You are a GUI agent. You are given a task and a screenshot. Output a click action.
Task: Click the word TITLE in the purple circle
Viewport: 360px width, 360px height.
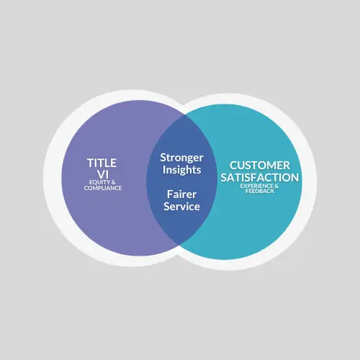pos(102,163)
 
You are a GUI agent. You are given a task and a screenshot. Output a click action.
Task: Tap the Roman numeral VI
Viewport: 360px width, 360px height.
pos(103,174)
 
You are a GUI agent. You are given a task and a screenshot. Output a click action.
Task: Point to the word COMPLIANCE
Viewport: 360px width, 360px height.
pos(103,188)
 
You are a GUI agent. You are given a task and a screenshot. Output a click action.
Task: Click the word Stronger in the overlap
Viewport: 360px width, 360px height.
pos(181,158)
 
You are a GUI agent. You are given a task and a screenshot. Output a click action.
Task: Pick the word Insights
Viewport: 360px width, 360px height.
pos(181,170)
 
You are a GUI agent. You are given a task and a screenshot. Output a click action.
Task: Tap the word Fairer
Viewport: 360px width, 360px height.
pos(181,194)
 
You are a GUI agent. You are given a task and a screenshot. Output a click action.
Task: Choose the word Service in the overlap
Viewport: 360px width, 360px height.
pos(181,207)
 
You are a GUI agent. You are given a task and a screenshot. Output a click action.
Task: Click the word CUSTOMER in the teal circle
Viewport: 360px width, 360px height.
pos(260,166)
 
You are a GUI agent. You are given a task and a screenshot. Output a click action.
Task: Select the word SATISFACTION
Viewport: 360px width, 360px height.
pos(260,178)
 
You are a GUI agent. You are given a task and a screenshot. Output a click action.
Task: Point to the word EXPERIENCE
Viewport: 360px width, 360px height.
pos(256,186)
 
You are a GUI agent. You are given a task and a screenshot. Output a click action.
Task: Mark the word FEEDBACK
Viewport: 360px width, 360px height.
pos(260,191)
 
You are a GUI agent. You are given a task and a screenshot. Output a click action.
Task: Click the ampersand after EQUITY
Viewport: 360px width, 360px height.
pos(113,182)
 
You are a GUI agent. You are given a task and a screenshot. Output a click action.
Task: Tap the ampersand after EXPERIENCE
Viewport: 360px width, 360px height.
pos(276,186)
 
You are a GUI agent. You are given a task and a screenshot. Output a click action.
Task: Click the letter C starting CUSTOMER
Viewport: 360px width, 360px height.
pos(233,166)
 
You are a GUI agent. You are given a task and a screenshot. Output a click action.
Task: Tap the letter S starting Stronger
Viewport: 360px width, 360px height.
pos(163,158)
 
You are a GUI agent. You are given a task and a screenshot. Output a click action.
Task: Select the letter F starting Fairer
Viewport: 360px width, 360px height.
pos(170,194)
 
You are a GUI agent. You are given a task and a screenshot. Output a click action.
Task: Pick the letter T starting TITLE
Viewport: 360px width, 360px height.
pos(91,163)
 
